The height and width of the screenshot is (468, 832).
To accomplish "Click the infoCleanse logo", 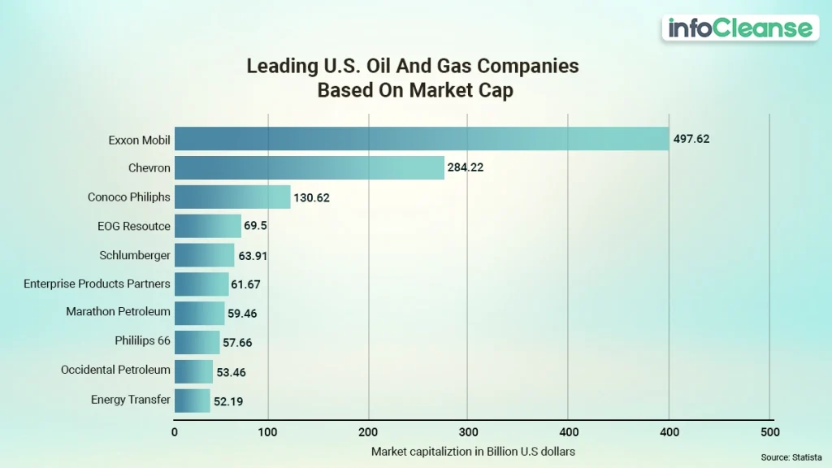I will point(739,28).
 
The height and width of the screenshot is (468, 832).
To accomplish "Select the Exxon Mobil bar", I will point(421,139).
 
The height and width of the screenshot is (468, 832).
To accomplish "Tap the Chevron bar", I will point(309,168).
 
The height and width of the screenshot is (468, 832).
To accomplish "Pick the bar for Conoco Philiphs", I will point(232,197).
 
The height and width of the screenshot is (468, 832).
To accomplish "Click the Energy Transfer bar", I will point(193,401).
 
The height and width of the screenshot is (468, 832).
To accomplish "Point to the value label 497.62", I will point(691,139).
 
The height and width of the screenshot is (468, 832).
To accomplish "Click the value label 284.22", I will point(466,168).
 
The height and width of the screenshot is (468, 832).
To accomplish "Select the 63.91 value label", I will point(253,256).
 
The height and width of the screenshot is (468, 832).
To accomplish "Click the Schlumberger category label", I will point(135,255).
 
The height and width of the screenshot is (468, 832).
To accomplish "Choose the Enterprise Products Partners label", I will point(97,284).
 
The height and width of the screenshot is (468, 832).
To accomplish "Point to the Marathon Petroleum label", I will point(118,311).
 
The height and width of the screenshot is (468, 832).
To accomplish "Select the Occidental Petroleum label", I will point(115,370).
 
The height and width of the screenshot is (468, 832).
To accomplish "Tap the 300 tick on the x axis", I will point(468,432).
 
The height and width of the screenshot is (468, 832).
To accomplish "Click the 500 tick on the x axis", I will point(769,432).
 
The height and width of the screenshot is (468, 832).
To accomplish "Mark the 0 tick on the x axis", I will point(175,432).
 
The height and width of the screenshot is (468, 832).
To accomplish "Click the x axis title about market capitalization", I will point(473,451).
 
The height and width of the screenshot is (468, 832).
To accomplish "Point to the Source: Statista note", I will point(791,458).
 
